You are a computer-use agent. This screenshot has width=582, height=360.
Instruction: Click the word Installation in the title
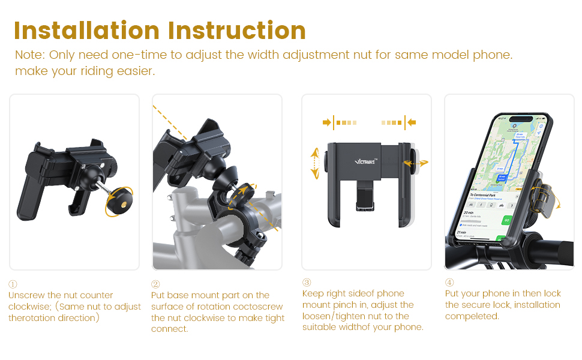click(x=86, y=31)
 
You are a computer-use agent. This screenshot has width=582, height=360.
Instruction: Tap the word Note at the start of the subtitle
click(x=28, y=55)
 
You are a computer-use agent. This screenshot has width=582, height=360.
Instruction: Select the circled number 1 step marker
click(x=13, y=284)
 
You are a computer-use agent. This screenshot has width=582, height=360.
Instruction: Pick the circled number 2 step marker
click(x=155, y=284)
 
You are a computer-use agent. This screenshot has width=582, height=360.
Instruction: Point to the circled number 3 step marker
click(x=307, y=283)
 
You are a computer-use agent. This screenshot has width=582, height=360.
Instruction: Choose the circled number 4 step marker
click(x=449, y=283)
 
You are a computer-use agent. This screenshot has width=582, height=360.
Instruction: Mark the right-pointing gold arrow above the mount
click(x=326, y=122)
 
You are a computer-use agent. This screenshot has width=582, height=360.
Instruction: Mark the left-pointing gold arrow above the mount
click(x=412, y=122)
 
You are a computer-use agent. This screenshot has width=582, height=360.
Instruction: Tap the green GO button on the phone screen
click(x=506, y=220)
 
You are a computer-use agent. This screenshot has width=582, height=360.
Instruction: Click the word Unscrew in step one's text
click(x=26, y=295)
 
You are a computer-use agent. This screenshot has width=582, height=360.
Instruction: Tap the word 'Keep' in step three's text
click(x=314, y=293)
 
